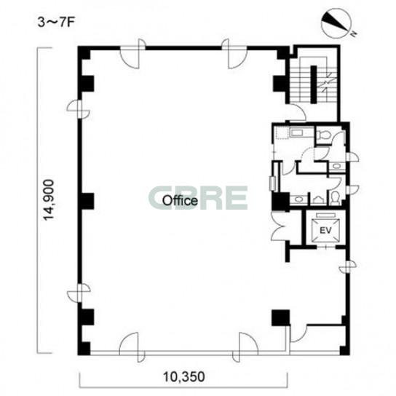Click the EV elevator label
tap(325, 231)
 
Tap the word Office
tap(180, 201)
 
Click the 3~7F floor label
tap(55, 23)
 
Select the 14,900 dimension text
tap(48, 199)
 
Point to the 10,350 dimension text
tap(183, 377)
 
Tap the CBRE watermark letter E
tap(236, 198)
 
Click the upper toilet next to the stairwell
tap(323, 135)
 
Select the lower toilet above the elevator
tap(335, 198)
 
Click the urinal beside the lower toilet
tap(317, 200)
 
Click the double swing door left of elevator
tap(279, 226)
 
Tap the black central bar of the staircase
tap(314, 84)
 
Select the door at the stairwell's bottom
tap(296, 113)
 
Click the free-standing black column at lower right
tap(280, 317)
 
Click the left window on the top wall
tap(132, 54)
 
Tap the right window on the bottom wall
tap(245, 347)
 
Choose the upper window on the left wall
tap(79, 109)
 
